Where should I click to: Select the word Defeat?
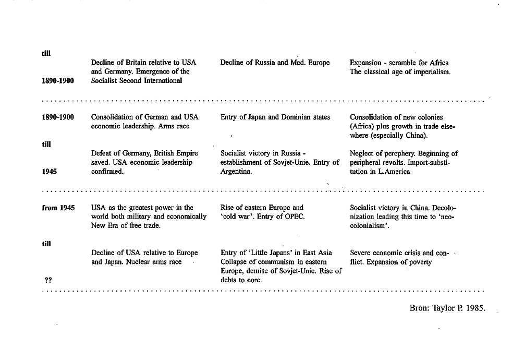[102, 153]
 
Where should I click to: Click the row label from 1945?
[58, 208]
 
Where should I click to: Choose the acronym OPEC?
[294, 217]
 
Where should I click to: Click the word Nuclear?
[137, 262]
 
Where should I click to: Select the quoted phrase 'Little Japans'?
[263, 253]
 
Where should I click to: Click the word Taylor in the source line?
[444, 308]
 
